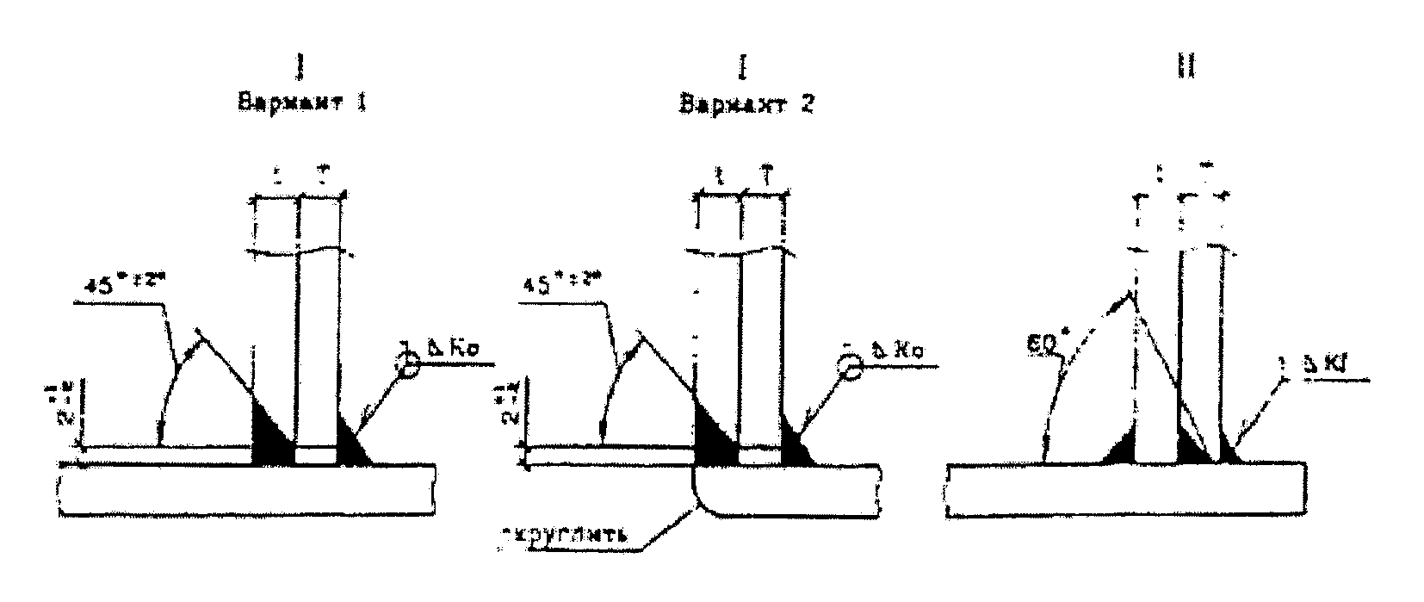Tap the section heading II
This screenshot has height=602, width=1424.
pos(1186,67)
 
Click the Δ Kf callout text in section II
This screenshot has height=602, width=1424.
pos(1328,366)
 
